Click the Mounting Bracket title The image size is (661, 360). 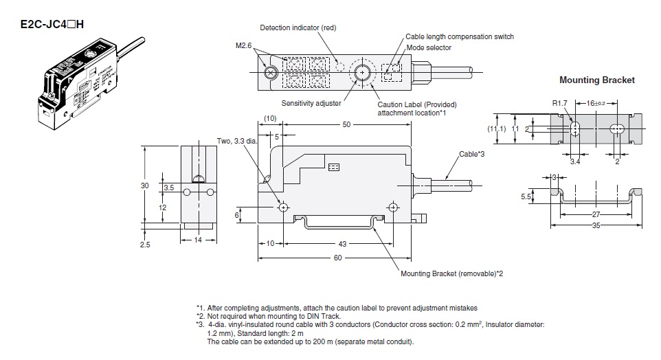[x=596, y=80]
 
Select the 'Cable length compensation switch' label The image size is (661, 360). [x=460, y=36]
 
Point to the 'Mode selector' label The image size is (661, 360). [x=429, y=47]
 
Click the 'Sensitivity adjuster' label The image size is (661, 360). [x=311, y=103]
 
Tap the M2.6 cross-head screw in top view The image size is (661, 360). [x=271, y=71]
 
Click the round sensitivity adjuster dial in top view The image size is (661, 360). [x=361, y=71]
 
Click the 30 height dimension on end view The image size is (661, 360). [x=144, y=185]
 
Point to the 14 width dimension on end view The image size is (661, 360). [x=198, y=239]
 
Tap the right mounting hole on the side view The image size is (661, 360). [x=393, y=207]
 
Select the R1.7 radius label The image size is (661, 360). [x=560, y=104]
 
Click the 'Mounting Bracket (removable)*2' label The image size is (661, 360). [x=452, y=273]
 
